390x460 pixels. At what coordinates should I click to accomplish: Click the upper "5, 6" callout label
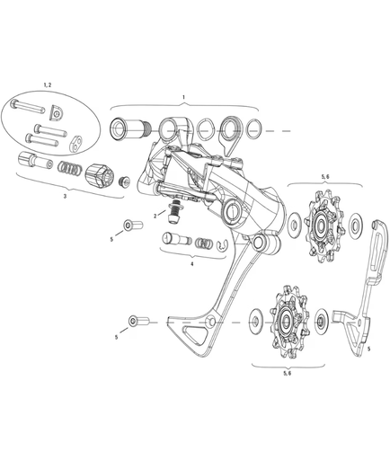point(324,177)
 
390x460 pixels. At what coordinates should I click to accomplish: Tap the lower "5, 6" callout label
point(286,372)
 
